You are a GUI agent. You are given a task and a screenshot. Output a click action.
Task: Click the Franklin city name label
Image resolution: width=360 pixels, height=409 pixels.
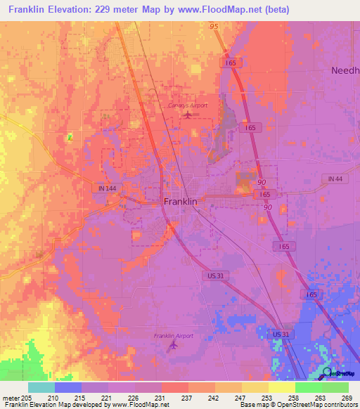[180, 201]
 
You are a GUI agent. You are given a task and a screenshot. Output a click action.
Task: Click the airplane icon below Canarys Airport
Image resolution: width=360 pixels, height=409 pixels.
[187, 115]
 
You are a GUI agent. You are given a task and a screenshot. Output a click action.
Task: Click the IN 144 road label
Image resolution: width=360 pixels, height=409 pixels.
[104, 188]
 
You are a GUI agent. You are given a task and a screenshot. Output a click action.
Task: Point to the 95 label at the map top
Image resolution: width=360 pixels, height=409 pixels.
[214, 26]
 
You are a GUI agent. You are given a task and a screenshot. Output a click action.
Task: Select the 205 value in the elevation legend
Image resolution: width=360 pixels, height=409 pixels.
[27, 398]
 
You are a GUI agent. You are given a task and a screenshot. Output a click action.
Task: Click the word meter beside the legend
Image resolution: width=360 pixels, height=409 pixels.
[11, 398]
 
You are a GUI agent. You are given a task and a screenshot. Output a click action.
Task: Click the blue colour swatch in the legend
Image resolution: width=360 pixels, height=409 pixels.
[67, 387]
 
